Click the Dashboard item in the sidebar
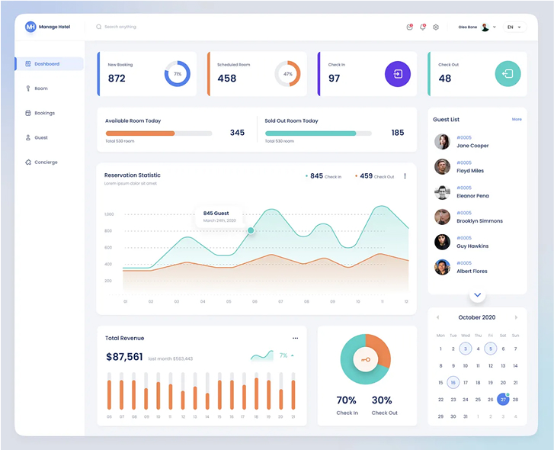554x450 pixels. pyautogui.click(x=47, y=64)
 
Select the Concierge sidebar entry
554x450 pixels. pyautogui.click(x=46, y=162)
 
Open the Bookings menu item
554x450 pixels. pyautogui.click(x=44, y=113)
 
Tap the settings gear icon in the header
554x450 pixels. pyautogui.click(x=436, y=27)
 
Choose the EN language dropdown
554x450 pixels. pyautogui.click(x=515, y=27)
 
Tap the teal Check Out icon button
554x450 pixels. pyautogui.click(x=508, y=74)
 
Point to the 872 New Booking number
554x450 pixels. pyautogui.click(x=117, y=78)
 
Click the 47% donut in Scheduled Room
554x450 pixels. pyautogui.click(x=287, y=74)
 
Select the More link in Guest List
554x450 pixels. pyautogui.click(x=517, y=120)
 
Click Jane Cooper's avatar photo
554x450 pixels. pyautogui.click(x=442, y=142)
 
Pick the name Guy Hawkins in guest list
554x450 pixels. pyautogui.click(x=472, y=246)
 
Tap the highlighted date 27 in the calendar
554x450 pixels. pyautogui.click(x=503, y=399)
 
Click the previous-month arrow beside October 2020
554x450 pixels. pyautogui.click(x=437, y=317)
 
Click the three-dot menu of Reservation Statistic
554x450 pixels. pyautogui.click(x=405, y=176)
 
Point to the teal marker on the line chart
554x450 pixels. pyautogui.click(x=251, y=230)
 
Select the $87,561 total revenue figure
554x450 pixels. pyautogui.click(x=124, y=357)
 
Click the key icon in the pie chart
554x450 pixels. pyautogui.click(x=365, y=359)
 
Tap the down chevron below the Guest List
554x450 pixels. pyautogui.click(x=477, y=294)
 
